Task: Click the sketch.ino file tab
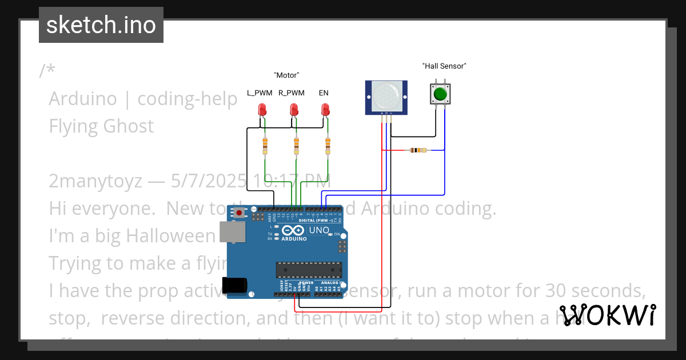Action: click(101, 25)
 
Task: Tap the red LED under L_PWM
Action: click(262, 109)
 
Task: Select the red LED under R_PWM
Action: click(294, 109)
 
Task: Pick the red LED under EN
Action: click(325, 109)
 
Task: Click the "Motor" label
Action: click(286, 75)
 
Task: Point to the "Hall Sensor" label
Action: click(444, 66)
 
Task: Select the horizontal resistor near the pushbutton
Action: click(417, 150)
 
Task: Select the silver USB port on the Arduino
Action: click(232, 233)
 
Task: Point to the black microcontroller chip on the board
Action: click(309, 270)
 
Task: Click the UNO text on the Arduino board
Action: click(319, 230)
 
